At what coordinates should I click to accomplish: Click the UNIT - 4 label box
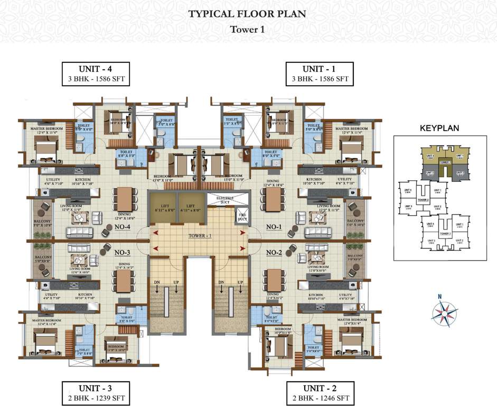[x=96, y=73]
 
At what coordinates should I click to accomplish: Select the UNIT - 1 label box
[x=318, y=73]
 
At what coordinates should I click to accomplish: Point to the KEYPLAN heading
[x=439, y=128]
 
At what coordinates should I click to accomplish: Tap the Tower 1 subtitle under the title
[x=247, y=30]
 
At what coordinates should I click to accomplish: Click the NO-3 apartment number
[x=123, y=253]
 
